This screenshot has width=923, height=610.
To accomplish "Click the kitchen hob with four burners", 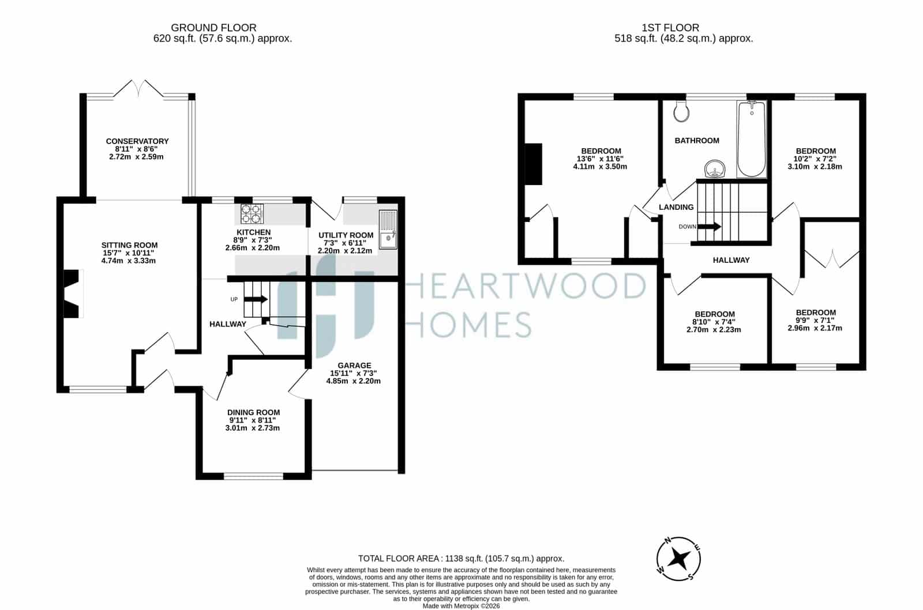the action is click(252, 214).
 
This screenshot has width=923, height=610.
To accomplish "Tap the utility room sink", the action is click(388, 230).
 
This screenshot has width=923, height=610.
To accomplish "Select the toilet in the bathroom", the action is click(681, 111).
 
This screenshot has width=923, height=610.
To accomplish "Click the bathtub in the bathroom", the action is click(752, 139).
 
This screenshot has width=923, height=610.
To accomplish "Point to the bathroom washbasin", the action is click(715, 169).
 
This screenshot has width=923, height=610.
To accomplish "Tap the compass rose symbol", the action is click(678, 559).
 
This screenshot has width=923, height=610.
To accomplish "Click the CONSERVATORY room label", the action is click(137, 141).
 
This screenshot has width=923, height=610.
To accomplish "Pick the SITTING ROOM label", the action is click(129, 245).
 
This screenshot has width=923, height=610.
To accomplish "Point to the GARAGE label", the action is click(354, 366).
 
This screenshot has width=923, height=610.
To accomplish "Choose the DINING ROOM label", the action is click(253, 412).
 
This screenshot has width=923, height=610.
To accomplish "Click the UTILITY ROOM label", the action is click(346, 235).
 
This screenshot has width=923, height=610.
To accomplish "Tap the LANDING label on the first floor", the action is click(676, 207).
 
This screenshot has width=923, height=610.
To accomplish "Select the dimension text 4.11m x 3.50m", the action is click(600, 167).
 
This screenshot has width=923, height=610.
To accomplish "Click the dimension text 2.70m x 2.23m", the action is click(714, 330).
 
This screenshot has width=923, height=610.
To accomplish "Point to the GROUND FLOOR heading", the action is click(213, 28).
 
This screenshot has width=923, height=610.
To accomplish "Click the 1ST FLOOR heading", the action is click(670, 28).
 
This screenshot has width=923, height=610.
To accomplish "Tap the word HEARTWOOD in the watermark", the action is click(526, 285).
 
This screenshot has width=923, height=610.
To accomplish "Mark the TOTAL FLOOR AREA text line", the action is click(461, 559).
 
